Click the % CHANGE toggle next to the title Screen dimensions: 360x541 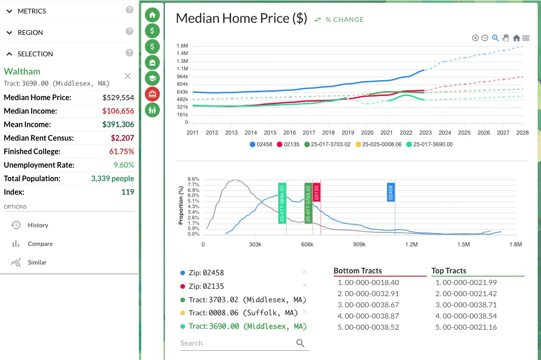(x=339, y=20)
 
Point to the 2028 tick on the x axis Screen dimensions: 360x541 (x=522, y=133)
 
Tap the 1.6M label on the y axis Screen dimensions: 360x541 (x=182, y=46)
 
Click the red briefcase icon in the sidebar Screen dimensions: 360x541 (x=152, y=94)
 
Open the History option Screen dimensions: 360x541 (x=38, y=225)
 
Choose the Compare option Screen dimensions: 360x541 (x=40, y=244)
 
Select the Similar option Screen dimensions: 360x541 (x=37, y=262)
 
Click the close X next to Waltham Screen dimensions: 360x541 (x=128, y=76)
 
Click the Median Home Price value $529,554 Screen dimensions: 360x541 (x=118, y=97)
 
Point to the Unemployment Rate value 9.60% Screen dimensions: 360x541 (x=124, y=165)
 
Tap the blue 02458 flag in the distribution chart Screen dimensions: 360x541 (x=391, y=192)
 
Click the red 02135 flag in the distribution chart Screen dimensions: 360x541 (x=317, y=192)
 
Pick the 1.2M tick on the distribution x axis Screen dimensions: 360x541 (x=411, y=244)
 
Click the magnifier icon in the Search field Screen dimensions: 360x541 (x=301, y=343)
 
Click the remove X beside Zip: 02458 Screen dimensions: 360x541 (x=305, y=272)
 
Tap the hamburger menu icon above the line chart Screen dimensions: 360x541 (x=526, y=38)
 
